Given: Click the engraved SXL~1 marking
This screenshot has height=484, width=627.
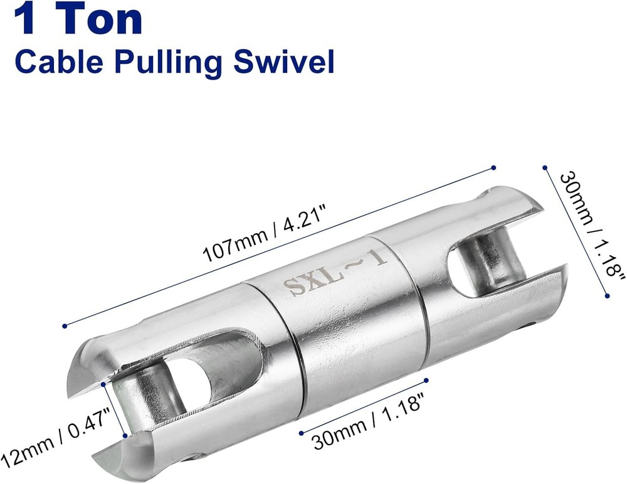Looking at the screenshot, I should pyautogui.click(x=335, y=273).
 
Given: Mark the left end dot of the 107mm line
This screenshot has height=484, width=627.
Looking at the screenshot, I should pyautogui.click(x=65, y=325).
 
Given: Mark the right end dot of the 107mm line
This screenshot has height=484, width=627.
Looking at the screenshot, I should pyautogui.click(x=493, y=167).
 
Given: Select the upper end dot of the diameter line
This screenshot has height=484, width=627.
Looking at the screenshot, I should pyautogui.click(x=545, y=167).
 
